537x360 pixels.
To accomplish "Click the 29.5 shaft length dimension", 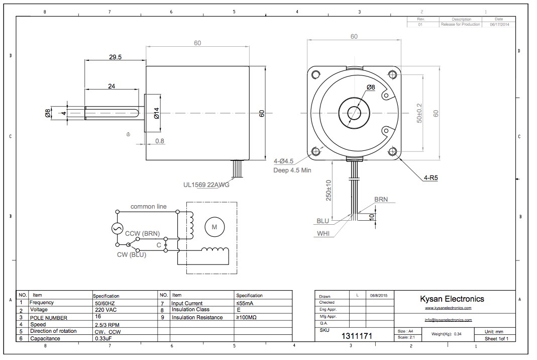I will pos(115,57).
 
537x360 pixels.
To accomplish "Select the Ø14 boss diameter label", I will pos(156,114).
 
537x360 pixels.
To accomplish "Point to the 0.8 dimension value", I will pos(159,141).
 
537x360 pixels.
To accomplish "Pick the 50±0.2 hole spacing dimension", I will pos(419,114).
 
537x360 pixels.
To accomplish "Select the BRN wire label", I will pos(381,200).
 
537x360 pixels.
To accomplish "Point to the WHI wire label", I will pos(323,233).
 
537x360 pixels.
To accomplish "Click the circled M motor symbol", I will pos(214,227).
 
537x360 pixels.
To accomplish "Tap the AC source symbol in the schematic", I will pos(117,228).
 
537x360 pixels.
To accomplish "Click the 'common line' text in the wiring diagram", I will pos(148,207).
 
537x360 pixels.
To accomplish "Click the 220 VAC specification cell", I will pos(104,310).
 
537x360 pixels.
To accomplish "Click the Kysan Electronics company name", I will pos(452,299).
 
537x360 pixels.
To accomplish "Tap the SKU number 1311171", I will pos(357,335).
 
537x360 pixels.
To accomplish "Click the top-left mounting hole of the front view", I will pos(315,75).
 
